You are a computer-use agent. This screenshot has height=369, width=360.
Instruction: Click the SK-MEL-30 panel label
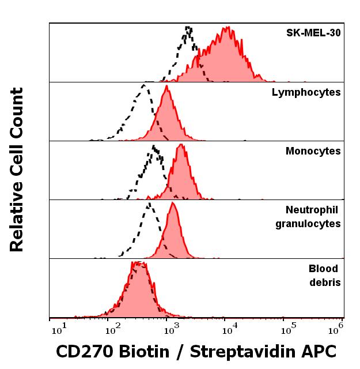[x=313, y=33]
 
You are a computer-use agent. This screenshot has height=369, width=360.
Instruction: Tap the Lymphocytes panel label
[x=306, y=92]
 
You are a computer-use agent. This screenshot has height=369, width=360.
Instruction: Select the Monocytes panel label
[x=313, y=151]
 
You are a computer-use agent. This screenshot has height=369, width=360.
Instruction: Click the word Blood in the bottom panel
[x=323, y=269]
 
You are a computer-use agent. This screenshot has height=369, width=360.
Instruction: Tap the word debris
[x=325, y=282]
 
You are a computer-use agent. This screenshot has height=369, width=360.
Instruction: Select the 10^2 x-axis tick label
[x=113, y=330]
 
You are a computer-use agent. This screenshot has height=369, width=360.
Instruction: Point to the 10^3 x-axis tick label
[x=171, y=330]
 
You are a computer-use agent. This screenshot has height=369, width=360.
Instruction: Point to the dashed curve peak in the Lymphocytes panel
[x=143, y=85]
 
